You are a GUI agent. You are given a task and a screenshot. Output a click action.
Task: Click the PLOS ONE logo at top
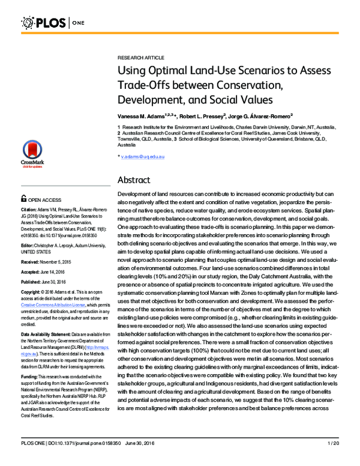(x=55, y=23)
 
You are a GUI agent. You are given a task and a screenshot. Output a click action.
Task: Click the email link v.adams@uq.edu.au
(x=143, y=156)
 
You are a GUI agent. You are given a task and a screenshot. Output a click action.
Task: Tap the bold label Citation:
(x=31, y=210)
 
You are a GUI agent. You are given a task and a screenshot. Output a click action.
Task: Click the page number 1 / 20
(x=335, y=459)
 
